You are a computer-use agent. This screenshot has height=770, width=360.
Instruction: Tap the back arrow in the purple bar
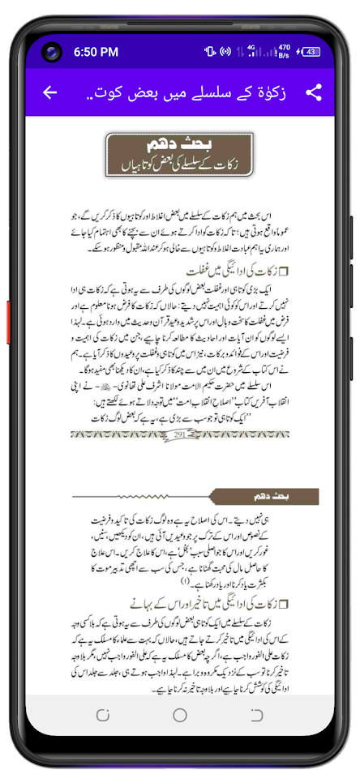click(50, 92)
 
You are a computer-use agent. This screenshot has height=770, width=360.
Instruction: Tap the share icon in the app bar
click(313, 92)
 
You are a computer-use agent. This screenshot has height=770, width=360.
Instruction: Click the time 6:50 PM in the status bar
click(96, 52)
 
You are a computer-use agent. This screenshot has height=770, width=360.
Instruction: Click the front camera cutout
click(53, 53)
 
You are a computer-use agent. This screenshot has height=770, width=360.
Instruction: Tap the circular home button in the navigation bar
click(180, 714)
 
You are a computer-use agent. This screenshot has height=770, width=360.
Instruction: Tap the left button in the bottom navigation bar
click(103, 714)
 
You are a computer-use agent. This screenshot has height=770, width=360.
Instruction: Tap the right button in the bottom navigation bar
click(257, 714)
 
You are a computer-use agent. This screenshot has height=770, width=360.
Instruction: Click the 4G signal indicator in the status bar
click(252, 51)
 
